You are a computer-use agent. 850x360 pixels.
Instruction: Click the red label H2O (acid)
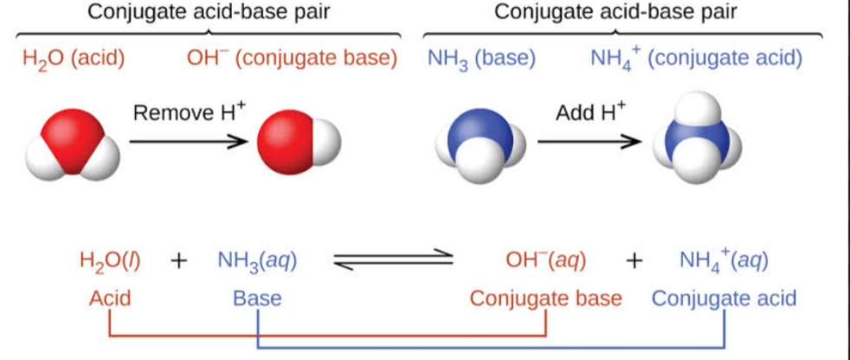pyautogui.click(x=74, y=59)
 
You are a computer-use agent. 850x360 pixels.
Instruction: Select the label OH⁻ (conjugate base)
pyautogui.click(x=293, y=59)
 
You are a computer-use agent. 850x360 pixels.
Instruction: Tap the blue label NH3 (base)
pyautogui.click(x=481, y=59)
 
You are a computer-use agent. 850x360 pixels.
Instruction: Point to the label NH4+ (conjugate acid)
pyautogui.click(x=696, y=59)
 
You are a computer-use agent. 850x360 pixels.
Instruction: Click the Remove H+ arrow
pyautogui.click(x=189, y=142)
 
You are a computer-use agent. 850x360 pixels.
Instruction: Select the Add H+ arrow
pyautogui.click(x=589, y=142)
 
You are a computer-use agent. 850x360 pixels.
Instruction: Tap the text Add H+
pyautogui.click(x=589, y=112)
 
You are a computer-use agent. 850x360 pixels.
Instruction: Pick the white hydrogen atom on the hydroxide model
pyautogui.click(x=325, y=140)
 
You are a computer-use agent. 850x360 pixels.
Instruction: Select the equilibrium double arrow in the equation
pyautogui.click(x=393, y=261)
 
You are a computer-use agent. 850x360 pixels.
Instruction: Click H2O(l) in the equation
pyautogui.click(x=110, y=262)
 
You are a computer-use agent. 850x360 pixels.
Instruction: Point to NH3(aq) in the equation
pyautogui.click(x=257, y=262)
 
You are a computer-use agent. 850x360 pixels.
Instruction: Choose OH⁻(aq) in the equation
pyautogui.click(x=545, y=262)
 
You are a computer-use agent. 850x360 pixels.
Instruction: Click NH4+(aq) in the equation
pyautogui.click(x=723, y=262)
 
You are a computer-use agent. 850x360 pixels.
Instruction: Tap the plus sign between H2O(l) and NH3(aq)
pyautogui.click(x=179, y=262)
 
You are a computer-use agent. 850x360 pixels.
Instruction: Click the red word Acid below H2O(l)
pyautogui.click(x=111, y=299)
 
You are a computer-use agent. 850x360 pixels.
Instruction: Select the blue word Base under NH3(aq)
pyautogui.click(x=257, y=299)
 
